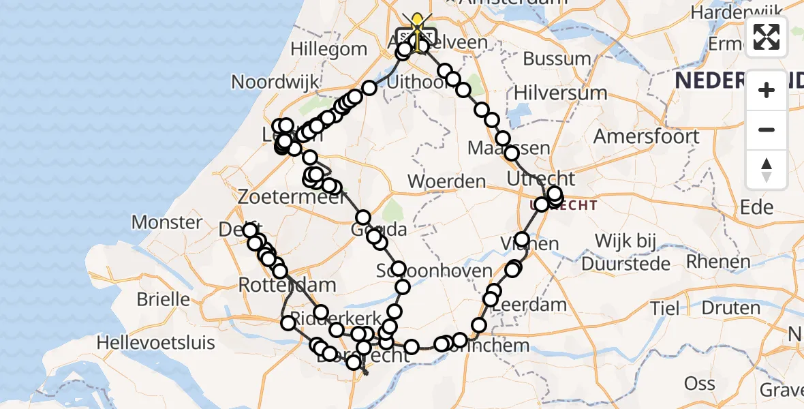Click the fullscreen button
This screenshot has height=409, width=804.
(x=767, y=37)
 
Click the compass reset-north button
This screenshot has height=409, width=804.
(x=767, y=170)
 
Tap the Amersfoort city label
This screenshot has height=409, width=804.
(x=646, y=136)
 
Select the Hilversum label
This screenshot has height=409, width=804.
(x=560, y=93)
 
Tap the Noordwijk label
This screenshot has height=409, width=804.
(x=275, y=82)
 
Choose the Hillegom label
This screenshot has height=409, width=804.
(x=328, y=50)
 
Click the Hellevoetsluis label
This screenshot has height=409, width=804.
(x=155, y=342)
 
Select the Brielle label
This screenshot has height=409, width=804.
(x=164, y=299)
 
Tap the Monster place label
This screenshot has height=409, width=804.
(x=167, y=222)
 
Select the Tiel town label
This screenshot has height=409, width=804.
(x=664, y=308)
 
